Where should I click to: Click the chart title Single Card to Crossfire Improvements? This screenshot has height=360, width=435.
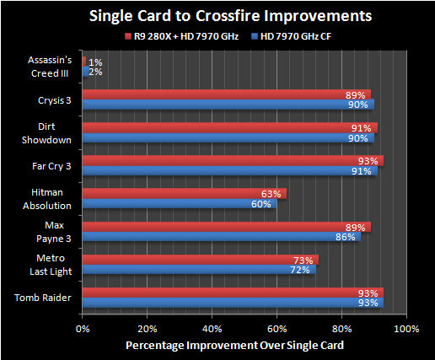coord(217,16)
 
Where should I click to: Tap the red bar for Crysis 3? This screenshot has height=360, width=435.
coord(226,94)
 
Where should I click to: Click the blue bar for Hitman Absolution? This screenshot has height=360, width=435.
coord(179,203)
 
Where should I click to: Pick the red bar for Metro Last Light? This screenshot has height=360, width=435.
coord(200,260)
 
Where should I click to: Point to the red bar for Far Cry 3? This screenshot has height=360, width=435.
coord(232,160)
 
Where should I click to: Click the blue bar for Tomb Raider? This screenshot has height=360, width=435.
coord(232,303)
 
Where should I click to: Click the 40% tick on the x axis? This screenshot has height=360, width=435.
coord(212,328)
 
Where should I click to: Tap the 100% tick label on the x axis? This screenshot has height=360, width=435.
coord(405,328)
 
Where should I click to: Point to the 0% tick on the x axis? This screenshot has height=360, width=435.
coord(83,328)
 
